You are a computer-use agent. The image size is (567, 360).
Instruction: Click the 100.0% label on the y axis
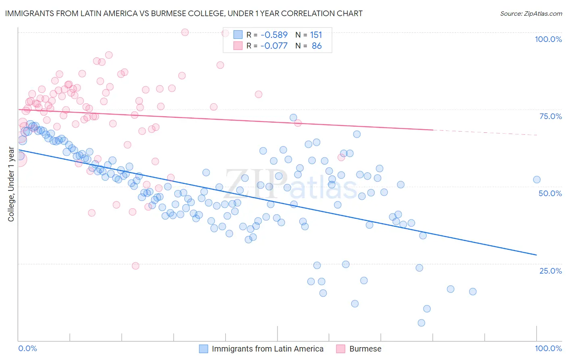[548, 39]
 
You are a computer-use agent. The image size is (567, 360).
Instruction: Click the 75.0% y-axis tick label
[550, 116]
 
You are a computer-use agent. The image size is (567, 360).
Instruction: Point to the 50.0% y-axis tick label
[550, 193]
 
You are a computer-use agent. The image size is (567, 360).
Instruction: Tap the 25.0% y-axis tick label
[550, 271]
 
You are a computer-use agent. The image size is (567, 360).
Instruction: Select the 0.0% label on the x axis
[28, 349]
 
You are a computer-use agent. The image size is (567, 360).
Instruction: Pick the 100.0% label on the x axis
[548, 349]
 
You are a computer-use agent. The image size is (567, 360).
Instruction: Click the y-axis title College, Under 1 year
[11, 184]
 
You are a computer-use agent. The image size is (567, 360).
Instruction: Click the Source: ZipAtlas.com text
[531, 13]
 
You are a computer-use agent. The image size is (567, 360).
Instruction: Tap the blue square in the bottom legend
[204, 349]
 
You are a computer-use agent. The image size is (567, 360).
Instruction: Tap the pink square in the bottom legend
[341, 349]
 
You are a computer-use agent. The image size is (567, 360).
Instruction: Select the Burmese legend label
[365, 349]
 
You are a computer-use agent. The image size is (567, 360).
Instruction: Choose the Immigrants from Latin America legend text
[267, 349]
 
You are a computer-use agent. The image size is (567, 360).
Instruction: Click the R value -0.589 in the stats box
[274, 35]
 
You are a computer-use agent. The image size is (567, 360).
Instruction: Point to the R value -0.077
[274, 46]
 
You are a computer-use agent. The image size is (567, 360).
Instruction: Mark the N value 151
[316, 35]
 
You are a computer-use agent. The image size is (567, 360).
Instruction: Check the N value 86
[317, 46]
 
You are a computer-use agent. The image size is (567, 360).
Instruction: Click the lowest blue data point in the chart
[421, 323]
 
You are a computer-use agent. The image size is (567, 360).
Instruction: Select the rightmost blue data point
[537, 180]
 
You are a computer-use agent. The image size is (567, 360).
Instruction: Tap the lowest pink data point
[135, 266]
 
